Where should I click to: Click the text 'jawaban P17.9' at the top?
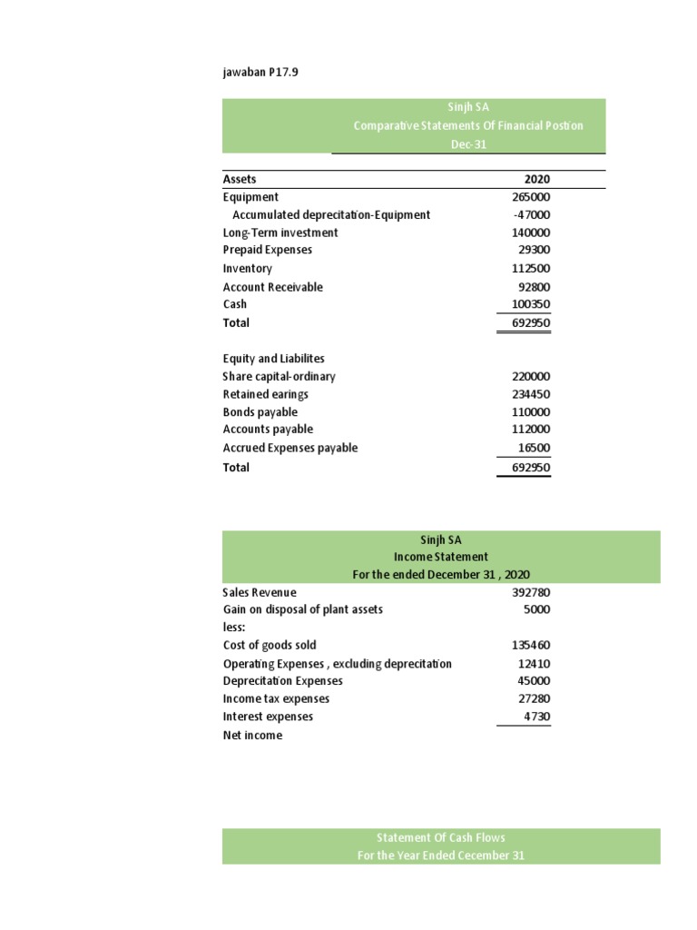260,73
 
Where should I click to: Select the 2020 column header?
536,180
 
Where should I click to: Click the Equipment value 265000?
531,197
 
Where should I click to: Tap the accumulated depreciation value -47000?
531,215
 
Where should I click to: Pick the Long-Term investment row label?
280,232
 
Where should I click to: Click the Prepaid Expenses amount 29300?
534,250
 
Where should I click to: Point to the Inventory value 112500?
531,269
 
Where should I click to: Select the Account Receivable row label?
272,287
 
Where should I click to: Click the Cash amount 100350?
531,304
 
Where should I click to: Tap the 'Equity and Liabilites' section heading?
273,359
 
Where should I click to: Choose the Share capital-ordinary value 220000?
531,377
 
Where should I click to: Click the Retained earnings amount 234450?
531,395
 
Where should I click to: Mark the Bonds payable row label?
260,412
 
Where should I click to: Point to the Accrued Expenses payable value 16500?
534,448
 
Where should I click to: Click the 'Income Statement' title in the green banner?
441,557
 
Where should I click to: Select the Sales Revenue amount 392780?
531,592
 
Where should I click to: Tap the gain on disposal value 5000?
536,609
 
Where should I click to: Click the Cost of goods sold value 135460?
531,646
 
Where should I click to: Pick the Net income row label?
252,736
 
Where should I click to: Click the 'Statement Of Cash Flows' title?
441,837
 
